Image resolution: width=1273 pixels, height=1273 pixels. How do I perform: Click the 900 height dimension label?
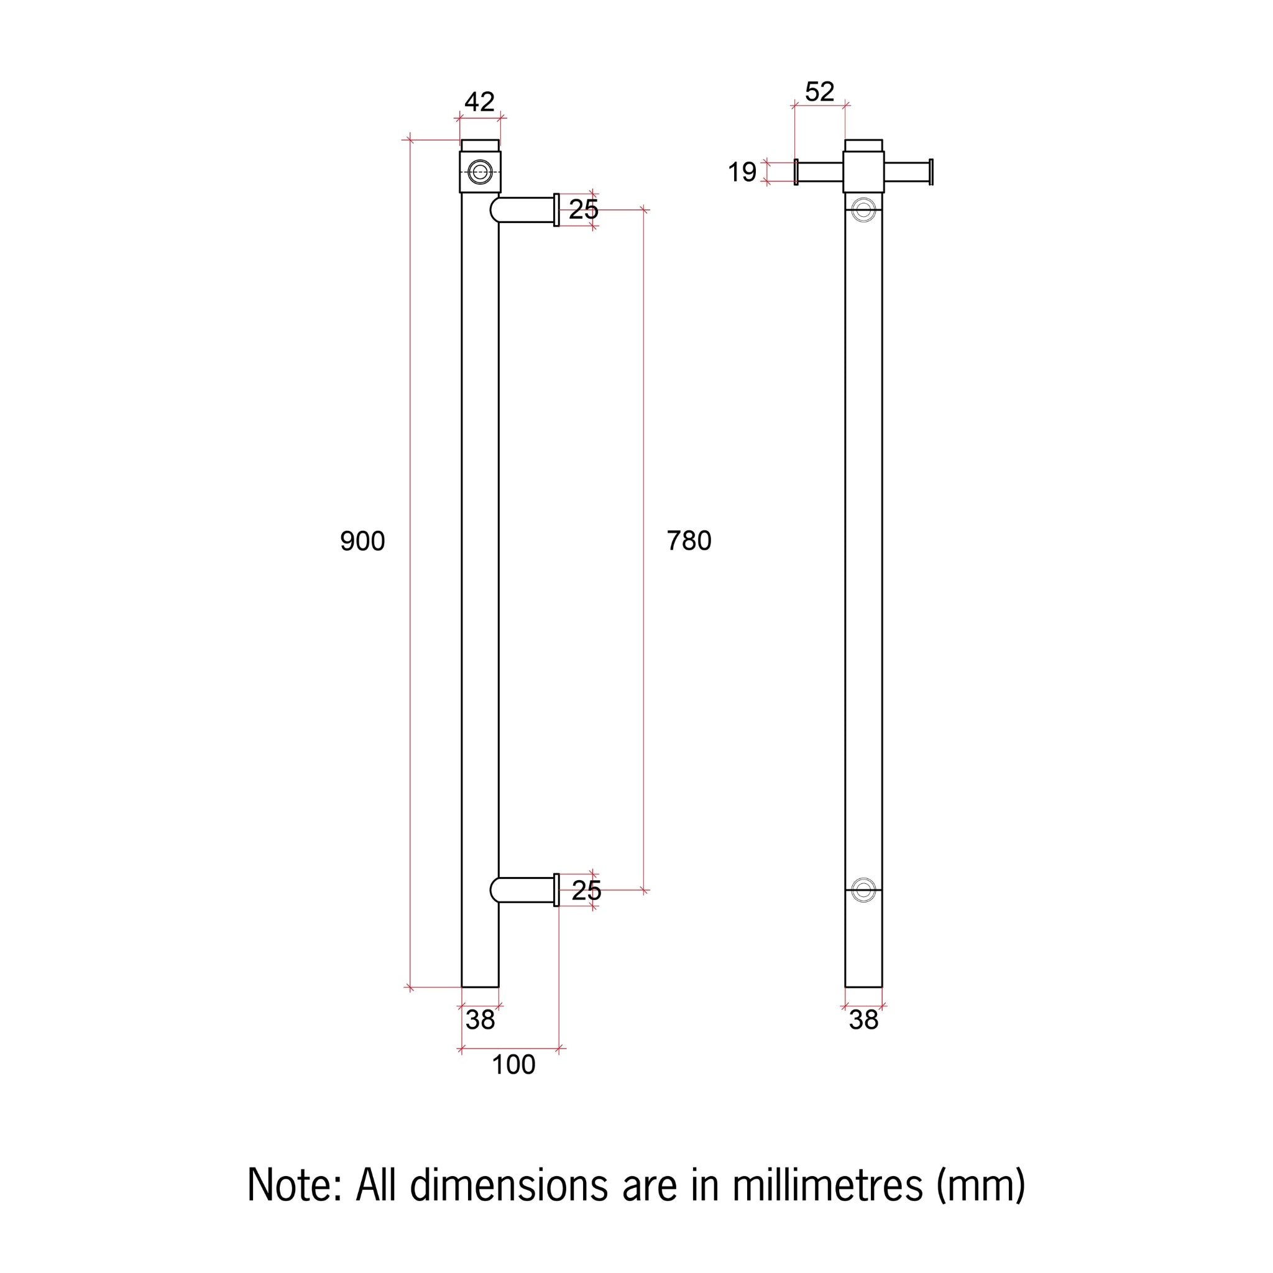click(362, 541)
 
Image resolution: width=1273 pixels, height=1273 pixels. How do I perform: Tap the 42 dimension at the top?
click(479, 101)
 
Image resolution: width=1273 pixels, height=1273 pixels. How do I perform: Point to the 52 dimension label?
click(819, 91)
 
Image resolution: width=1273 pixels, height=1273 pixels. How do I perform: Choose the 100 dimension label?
click(513, 1065)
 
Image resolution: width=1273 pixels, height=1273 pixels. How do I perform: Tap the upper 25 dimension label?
click(583, 209)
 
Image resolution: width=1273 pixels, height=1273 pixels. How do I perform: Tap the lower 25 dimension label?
click(586, 891)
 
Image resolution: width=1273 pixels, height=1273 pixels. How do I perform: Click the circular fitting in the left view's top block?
click(480, 172)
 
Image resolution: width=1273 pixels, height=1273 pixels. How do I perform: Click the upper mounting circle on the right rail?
click(863, 210)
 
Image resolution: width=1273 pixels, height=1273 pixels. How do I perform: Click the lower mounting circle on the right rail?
click(863, 890)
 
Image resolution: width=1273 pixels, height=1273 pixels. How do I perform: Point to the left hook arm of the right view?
click(819, 172)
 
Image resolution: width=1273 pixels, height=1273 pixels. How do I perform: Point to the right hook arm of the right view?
click(908, 172)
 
